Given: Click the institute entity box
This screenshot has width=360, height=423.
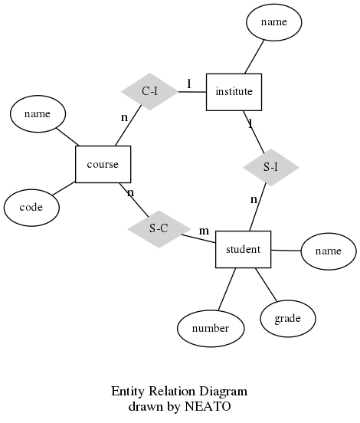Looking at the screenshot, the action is click(234, 92).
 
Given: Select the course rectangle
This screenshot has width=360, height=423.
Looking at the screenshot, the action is click(103, 164).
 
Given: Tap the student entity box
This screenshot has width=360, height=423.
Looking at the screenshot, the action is click(244, 249).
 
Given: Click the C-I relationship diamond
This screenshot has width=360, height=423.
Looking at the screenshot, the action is click(149, 91).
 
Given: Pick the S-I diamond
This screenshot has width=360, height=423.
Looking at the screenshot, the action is click(270, 167).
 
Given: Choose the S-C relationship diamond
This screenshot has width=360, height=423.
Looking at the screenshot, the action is click(159, 229).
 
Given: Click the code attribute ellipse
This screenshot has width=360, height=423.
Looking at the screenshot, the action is click(31, 208).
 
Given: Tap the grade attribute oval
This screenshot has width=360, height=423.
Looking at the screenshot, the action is click(288, 319).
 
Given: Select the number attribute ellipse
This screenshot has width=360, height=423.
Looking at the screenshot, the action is click(211, 328).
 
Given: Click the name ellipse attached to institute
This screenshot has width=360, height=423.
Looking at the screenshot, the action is click(274, 22).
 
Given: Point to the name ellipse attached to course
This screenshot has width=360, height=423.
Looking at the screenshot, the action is click(38, 114).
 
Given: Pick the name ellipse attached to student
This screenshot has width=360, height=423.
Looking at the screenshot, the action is click(329, 251).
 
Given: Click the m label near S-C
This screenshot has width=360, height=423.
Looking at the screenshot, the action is click(204, 231).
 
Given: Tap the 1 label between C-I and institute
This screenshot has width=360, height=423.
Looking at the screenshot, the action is click(189, 84).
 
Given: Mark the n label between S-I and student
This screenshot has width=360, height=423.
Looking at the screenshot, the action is click(254, 200).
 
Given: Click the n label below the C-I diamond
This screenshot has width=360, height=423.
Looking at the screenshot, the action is click(124, 117).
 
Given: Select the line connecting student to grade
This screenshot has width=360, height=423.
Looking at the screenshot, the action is click(266, 284).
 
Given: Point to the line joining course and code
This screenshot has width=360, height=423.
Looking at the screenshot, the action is click(64, 189).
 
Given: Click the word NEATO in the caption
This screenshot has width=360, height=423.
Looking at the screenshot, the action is click(208, 406).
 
